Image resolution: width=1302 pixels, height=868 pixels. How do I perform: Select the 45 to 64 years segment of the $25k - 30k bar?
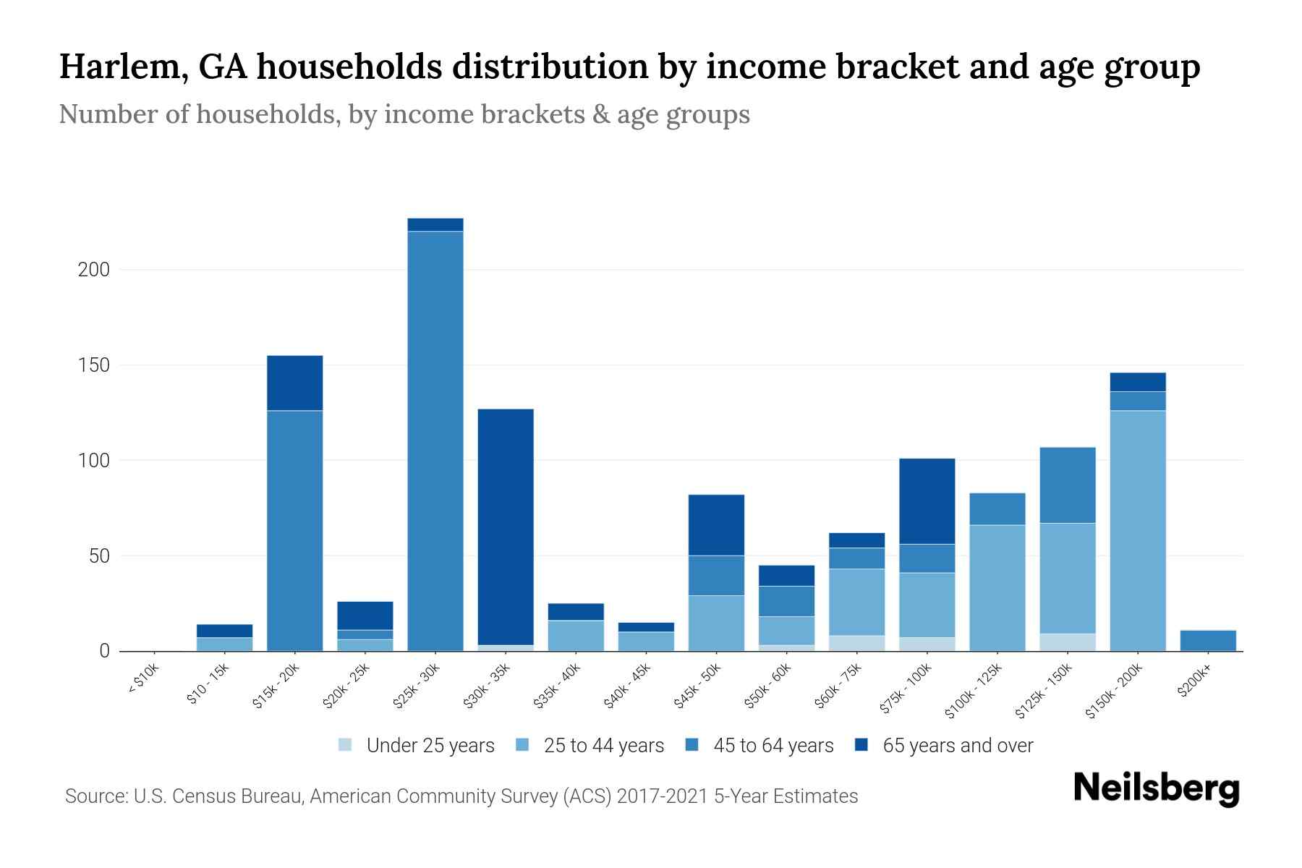(x=435, y=441)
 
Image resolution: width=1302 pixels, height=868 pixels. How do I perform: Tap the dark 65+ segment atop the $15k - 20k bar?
(x=295, y=383)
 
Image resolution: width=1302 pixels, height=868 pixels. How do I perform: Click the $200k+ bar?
(x=1208, y=641)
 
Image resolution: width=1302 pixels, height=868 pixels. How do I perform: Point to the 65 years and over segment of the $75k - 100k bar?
(x=927, y=501)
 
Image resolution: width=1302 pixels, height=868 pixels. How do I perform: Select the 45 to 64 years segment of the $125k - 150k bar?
(x=1068, y=485)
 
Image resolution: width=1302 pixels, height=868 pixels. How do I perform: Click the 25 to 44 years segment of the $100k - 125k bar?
(x=997, y=587)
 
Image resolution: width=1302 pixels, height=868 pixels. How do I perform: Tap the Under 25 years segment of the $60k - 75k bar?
(x=857, y=643)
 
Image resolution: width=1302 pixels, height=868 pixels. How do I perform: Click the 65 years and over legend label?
(x=958, y=746)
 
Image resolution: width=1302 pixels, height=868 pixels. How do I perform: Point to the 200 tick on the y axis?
(x=94, y=270)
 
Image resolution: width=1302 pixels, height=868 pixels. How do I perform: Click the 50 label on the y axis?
(x=99, y=556)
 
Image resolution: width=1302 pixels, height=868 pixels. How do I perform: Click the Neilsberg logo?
(x=1156, y=788)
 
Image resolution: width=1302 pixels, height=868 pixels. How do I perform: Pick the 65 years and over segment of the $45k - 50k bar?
(x=716, y=525)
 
